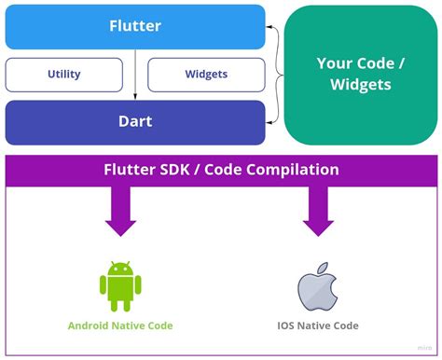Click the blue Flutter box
tap(134, 27)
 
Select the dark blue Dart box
tap(134, 122)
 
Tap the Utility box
tap(63, 75)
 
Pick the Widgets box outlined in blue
tap(206, 75)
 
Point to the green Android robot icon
tap(119, 285)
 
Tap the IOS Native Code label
tap(317, 325)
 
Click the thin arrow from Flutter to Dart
tap(136, 75)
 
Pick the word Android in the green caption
tap(90, 325)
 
